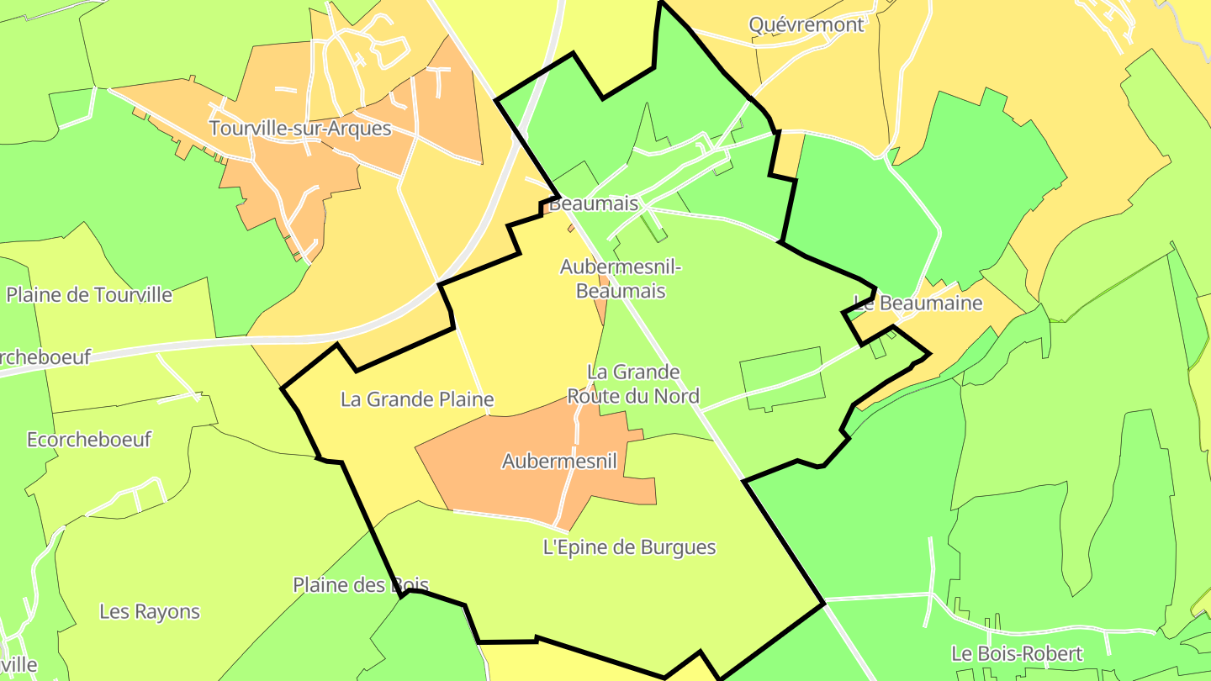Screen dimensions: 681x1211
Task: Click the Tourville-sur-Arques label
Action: pos(300,129)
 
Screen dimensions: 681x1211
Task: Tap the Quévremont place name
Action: pos(806,24)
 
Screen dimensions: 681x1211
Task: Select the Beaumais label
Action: pos(594,203)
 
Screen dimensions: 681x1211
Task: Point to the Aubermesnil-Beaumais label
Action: pos(621,279)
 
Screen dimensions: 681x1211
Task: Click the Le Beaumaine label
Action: pos(918,303)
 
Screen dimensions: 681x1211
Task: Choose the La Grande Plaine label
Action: pos(416,399)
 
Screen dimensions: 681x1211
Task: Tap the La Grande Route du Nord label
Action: pos(633,383)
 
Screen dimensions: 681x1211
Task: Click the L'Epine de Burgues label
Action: pos(629,547)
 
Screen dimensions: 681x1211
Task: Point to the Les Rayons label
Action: pos(150,611)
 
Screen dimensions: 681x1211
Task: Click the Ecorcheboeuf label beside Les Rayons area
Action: pos(89,440)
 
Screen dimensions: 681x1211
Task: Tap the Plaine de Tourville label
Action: pos(89,295)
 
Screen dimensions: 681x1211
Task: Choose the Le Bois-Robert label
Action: pos(1017,653)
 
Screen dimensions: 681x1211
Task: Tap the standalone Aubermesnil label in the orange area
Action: pos(559,461)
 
